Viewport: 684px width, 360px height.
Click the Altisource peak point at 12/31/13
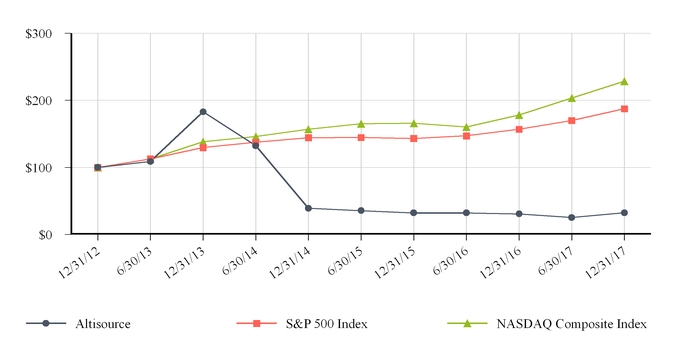(203, 112)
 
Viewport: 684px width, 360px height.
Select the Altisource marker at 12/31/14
(308, 208)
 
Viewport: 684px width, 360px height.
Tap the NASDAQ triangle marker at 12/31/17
(624, 81)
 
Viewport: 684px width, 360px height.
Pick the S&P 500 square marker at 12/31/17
(624, 108)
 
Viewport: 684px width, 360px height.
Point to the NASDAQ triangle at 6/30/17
(571, 98)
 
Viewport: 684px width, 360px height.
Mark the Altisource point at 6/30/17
(571, 217)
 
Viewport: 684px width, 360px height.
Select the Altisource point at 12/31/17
(624, 212)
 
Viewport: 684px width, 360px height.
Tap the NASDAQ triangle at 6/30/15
(361, 124)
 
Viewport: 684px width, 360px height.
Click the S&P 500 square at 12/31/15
(414, 138)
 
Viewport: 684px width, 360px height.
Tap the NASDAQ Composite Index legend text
(580, 324)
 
